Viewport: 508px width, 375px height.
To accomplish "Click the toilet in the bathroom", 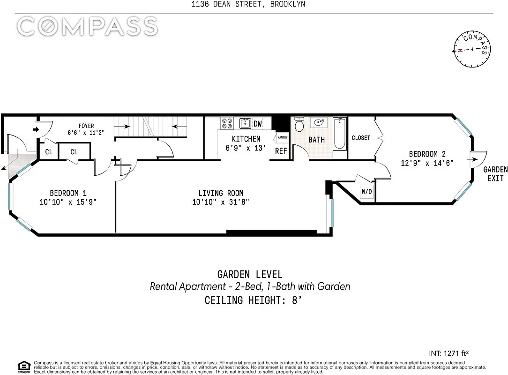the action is click(299, 124).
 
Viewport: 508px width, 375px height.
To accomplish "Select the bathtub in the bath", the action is click(340, 134).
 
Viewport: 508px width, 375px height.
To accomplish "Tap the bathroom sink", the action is click(319, 122).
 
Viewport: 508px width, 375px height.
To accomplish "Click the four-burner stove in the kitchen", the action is click(227, 123).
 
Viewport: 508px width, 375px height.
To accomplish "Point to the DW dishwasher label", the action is click(258, 123).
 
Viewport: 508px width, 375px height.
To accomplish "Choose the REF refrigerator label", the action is click(281, 151).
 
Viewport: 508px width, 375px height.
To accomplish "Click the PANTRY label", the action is click(283, 137).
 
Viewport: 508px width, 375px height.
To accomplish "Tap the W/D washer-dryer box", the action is click(367, 191).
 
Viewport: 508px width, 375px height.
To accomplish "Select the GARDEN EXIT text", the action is click(495, 174).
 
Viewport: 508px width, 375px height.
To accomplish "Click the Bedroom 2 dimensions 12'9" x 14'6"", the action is click(427, 163).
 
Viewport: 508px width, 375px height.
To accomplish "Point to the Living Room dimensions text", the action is click(221, 202).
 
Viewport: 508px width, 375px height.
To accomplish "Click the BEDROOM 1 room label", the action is click(68, 193).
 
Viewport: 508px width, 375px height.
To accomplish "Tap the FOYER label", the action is click(86, 126).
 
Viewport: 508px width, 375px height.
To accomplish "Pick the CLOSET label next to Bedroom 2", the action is click(361, 138).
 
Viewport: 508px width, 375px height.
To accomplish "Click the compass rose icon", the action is click(472, 49).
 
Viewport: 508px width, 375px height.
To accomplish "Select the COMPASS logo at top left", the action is click(87, 26).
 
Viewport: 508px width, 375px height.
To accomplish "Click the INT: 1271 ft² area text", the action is click(448, 353).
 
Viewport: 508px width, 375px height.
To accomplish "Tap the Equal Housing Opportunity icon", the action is click(23, 367).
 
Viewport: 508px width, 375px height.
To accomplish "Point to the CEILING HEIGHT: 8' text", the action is click(253, 300).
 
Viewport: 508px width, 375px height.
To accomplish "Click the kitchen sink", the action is click(245, 123).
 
